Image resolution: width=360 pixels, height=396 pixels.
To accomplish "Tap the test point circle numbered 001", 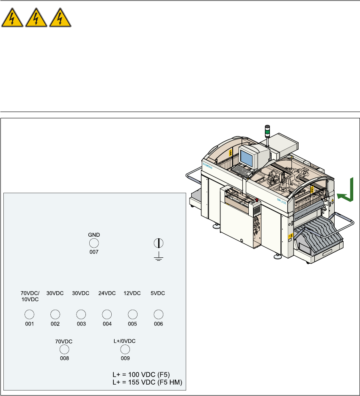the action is tap(29, 314).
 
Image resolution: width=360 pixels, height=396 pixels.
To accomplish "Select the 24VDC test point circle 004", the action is tap(107, 314).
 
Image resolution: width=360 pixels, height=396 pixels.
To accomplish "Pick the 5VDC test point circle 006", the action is tap(158, 314).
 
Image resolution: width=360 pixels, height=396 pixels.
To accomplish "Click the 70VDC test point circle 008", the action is tap(64, 349).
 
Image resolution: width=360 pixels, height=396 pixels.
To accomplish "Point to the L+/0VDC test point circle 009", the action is tap(125, 349).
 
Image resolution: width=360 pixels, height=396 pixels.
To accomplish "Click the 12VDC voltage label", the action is tap(132, 293).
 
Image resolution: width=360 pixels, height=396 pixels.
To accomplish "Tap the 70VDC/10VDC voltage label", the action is tap(30, 296).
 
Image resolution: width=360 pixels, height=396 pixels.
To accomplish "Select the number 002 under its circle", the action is tap(55, 324).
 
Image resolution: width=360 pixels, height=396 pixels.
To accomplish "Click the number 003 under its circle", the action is tap(81, 324).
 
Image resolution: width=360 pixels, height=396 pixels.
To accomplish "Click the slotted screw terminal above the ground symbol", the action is tap(158, 243).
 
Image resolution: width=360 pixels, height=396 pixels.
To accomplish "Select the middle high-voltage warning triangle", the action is tap(36, 19).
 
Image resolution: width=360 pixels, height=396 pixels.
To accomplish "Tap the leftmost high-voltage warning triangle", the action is tap(12, 19).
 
